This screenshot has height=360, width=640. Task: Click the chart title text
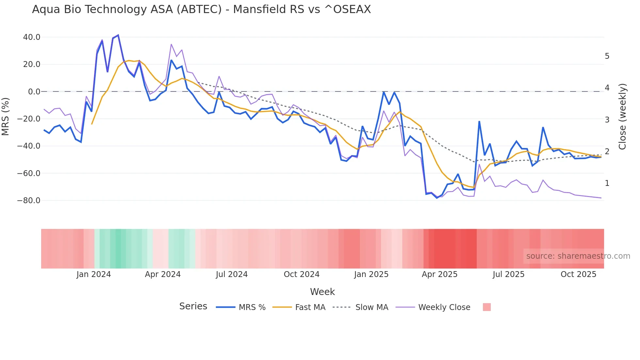click(201, 9)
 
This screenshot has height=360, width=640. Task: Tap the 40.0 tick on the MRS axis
click(32, 37)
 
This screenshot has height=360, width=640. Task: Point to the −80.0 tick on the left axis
click(29, 201)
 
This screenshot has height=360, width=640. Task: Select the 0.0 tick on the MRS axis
click(34, 92)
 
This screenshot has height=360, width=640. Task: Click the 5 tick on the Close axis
click(607, 56)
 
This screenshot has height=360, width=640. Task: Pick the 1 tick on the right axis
click(607, 183)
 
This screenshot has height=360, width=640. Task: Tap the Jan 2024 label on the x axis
click(94, 274)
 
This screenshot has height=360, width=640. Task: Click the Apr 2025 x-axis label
click(440, 274)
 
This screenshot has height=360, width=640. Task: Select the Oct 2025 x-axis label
click(578, 274)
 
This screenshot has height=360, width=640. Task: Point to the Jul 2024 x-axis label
click(232, 274)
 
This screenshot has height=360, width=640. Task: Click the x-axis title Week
click(322, 292)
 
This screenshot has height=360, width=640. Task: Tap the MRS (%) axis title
click(6, 117)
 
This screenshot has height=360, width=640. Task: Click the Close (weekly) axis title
click(622, 117)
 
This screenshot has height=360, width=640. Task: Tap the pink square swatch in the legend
click(487, 307)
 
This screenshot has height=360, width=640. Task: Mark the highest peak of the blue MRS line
click(118, 35)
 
